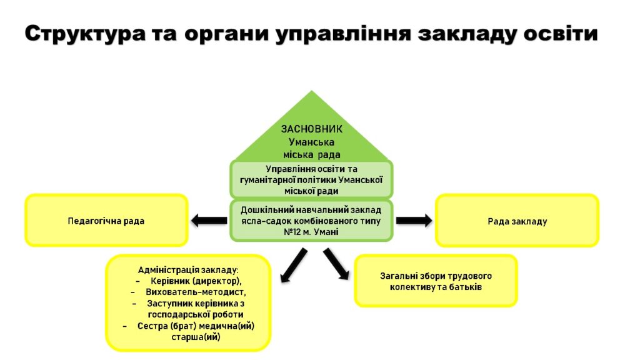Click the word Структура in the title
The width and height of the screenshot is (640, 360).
coord(85,34)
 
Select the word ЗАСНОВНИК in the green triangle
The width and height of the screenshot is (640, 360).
coord(311,129)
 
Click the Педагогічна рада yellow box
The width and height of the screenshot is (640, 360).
coord(106,221)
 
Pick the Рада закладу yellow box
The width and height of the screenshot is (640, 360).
coord(517,221)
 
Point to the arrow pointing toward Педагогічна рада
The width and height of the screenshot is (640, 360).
coord(209,221)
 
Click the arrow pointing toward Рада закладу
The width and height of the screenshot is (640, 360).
coord(414,221)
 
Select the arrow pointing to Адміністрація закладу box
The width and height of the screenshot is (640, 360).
coord(294,265)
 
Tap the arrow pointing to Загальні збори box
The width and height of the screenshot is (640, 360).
coord(336,264)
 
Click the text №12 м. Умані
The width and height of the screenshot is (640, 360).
coord(311,232)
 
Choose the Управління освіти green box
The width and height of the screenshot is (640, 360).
coord(311,179)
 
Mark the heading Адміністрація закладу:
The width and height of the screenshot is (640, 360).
coord(188,270)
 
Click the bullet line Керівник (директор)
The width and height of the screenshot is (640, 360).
coord(196,281)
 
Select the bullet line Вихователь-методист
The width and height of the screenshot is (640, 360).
coord(196,292)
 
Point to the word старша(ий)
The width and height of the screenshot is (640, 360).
coord(196,337)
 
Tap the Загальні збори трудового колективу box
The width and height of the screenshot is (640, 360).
coord(436,281)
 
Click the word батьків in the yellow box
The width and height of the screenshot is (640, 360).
coord(465,287)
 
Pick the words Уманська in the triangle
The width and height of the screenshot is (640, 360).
coord(311,142)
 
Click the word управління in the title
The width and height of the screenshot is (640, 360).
coord(343,34)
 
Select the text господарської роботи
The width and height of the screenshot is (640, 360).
coord(196,315)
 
